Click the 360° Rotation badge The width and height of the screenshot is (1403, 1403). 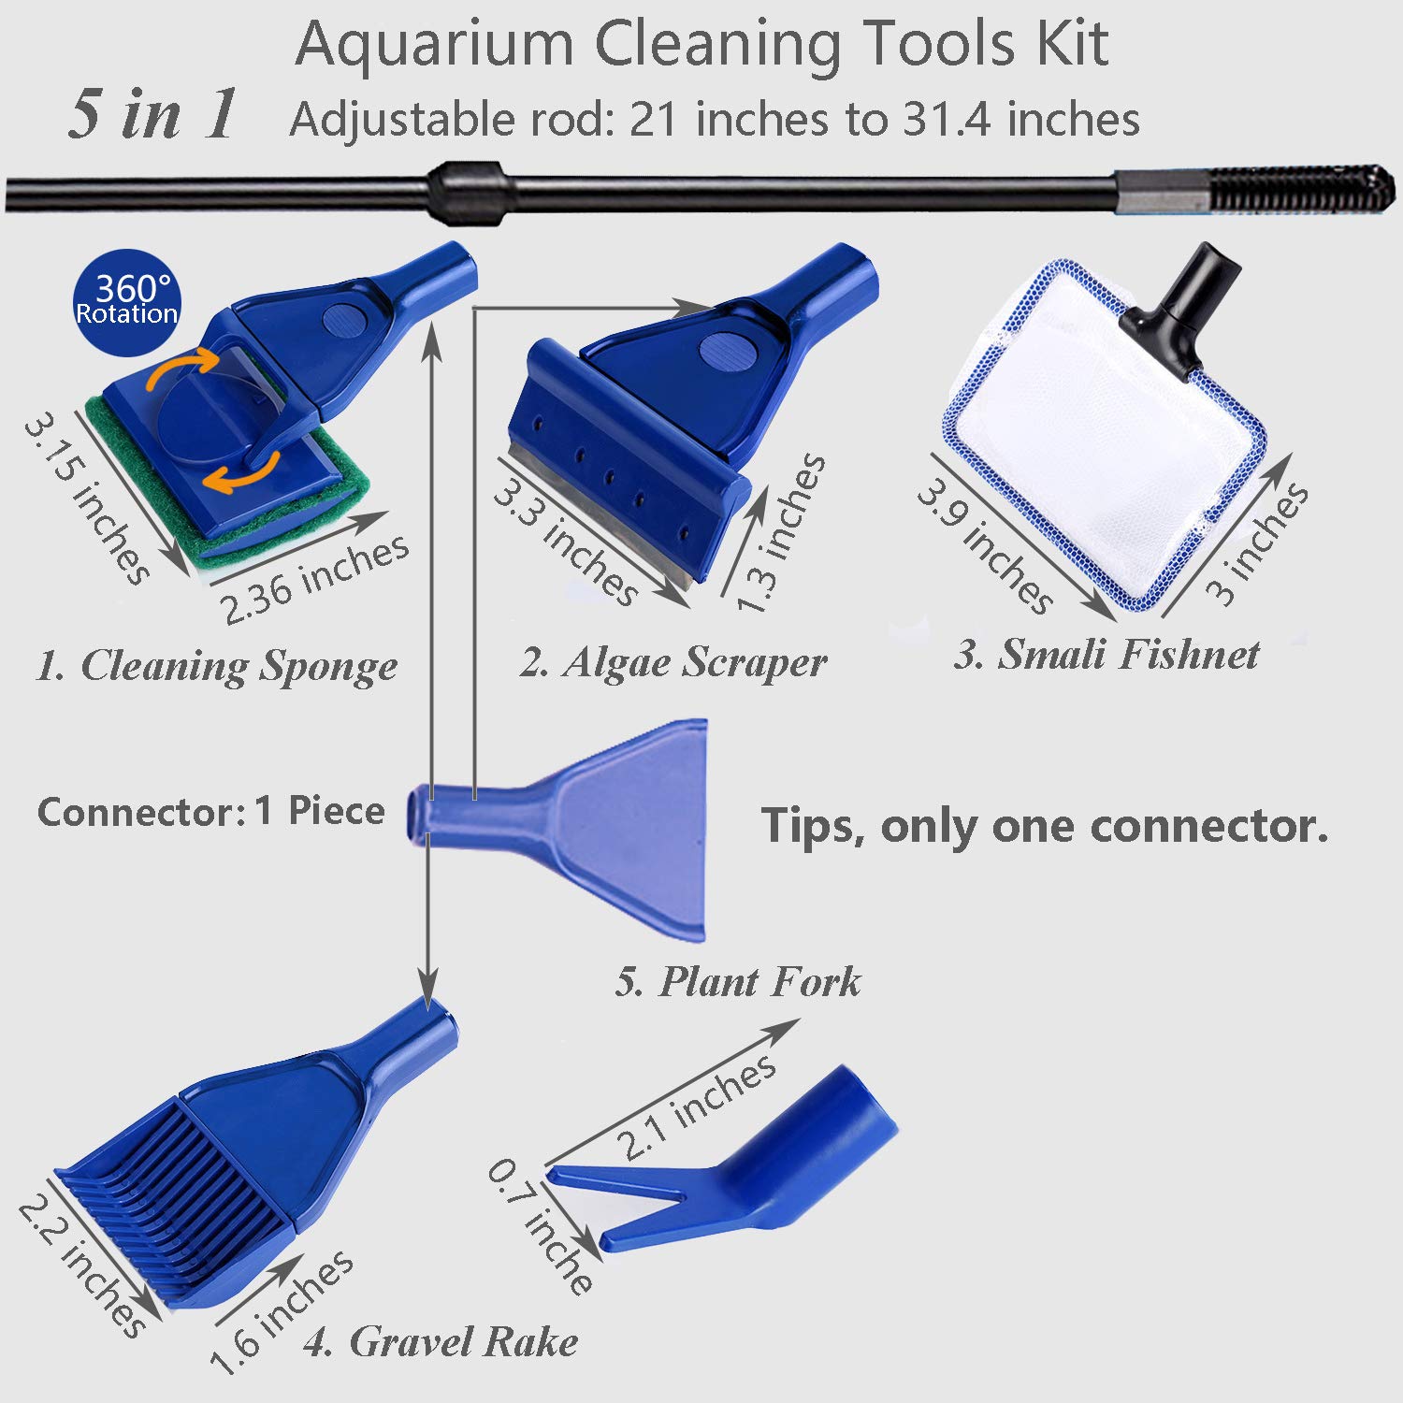click(126, 298)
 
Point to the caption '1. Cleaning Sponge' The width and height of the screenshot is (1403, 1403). click(216, 667)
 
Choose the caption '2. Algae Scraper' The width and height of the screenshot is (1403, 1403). click(673, 663)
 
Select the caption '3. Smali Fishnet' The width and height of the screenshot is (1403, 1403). click(1106, 654)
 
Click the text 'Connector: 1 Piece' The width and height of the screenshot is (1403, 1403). click(210, 811)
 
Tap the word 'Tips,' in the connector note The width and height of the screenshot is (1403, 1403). click(813, 826)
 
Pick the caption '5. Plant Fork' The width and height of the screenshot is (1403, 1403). click(738, 982)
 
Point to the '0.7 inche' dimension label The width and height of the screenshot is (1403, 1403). click(541, 1226)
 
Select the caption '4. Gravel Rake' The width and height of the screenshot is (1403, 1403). click(441, 1342)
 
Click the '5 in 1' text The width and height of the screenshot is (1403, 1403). click(152, 115)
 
